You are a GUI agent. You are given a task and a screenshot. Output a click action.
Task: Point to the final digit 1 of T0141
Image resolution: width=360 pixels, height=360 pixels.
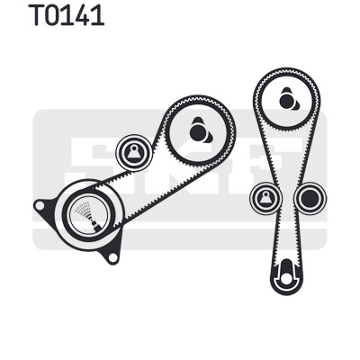tap(98, 14)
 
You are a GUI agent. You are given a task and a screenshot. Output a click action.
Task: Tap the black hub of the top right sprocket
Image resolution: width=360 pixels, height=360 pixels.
tap(289, 100)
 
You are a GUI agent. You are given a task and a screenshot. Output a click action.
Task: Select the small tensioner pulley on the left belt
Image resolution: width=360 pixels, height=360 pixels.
tap(134, 153)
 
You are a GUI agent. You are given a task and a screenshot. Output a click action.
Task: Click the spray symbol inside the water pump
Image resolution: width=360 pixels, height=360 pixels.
tap(87, 215)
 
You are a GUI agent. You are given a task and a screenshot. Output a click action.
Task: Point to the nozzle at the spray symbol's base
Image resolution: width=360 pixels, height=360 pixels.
tap(95, 226)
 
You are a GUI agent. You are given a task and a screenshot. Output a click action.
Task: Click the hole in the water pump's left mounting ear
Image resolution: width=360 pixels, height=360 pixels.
tap(40, 205)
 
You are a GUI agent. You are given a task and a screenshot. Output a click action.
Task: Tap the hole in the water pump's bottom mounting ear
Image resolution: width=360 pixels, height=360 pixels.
tap(112, 257)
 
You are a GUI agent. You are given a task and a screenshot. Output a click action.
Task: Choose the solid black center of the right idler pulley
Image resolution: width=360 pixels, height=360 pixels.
tap(310, 198)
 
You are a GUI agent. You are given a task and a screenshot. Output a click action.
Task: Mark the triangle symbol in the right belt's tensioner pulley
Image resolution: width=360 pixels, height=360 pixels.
tap(265, 199)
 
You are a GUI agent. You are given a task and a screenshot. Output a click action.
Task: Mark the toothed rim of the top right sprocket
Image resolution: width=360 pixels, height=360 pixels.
tap(286, 70)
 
